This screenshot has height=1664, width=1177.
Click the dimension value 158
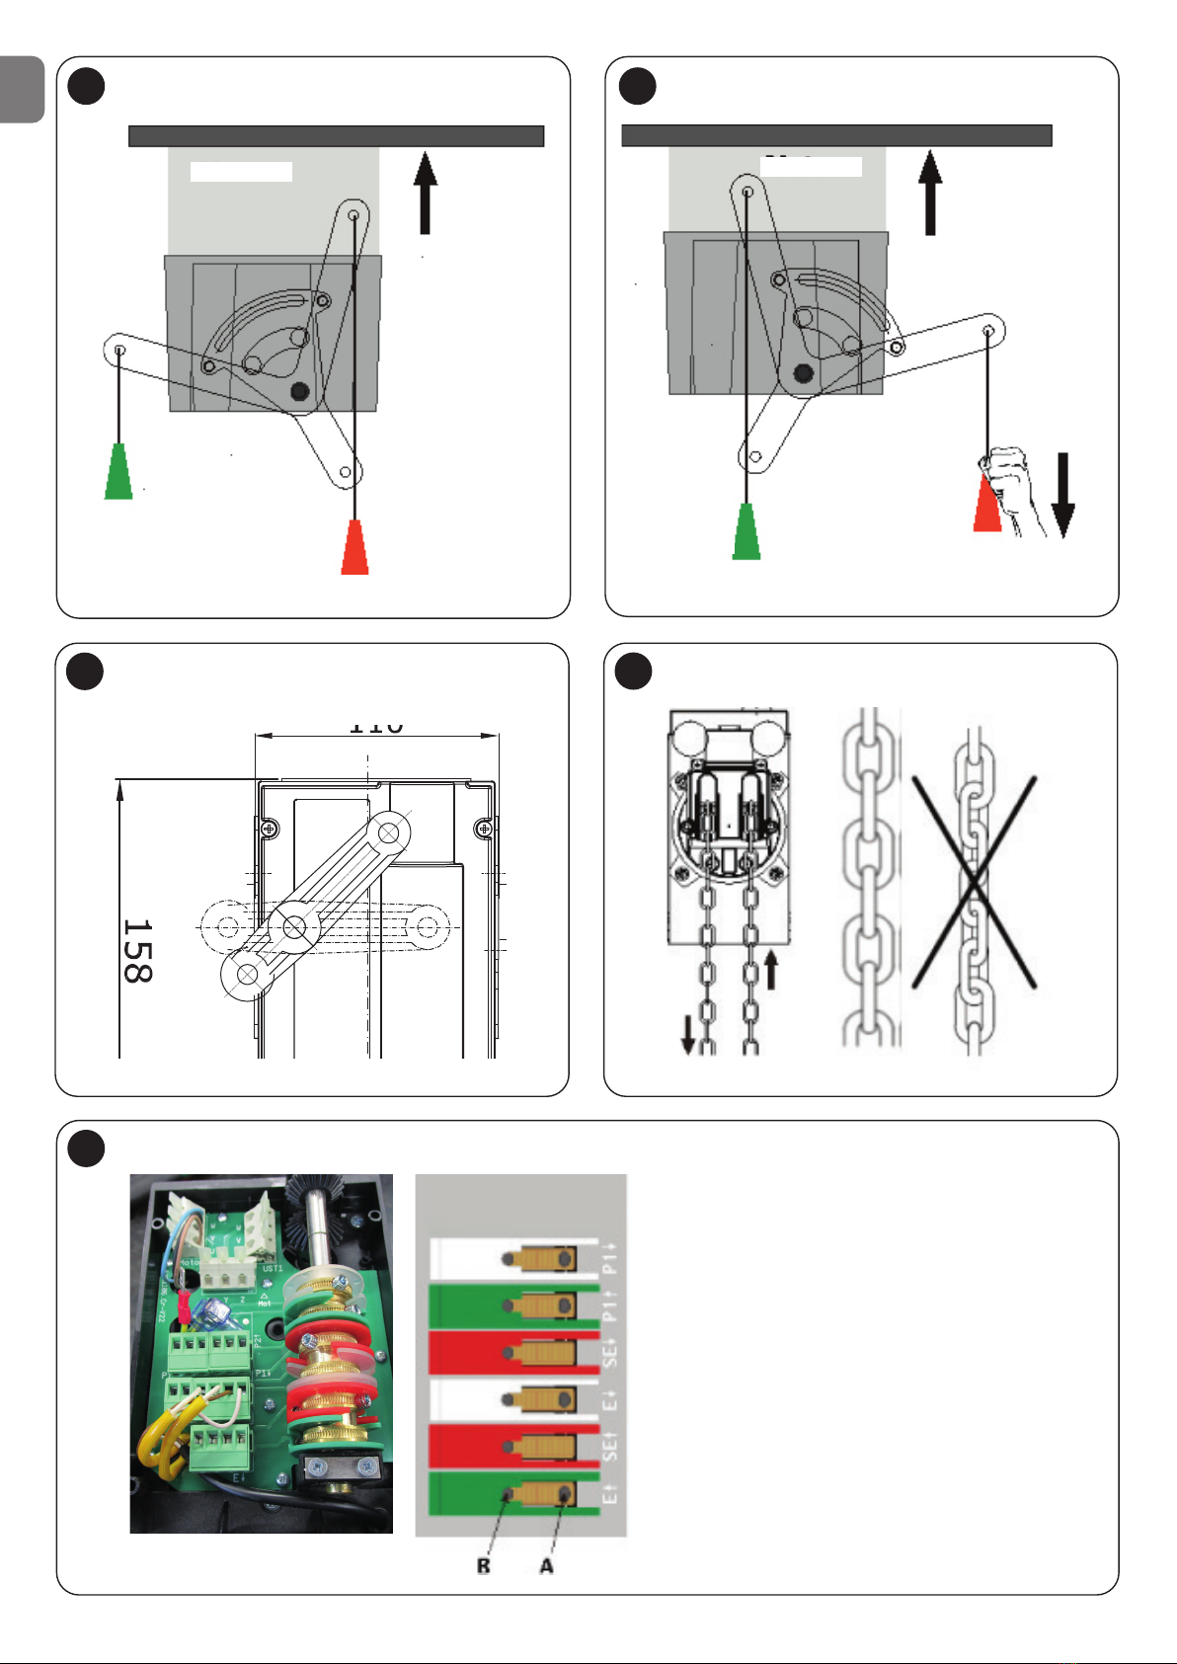[137, 951]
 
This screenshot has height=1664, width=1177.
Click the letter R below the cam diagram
[483, 1566]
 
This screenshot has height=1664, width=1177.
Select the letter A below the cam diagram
[546, 1566]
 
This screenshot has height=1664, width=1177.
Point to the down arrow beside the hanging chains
[688, 1035]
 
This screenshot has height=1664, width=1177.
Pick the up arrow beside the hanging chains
[771, 969]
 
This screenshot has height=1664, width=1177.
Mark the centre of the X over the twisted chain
[974, 882]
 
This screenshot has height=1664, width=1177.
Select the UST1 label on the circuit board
[273, 1268]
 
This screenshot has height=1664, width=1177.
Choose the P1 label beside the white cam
[611, 1257]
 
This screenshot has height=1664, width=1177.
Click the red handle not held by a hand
[354, 547]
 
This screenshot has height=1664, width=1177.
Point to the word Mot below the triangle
[265, 1304]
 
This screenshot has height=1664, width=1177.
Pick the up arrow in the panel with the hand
[930, 194]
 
